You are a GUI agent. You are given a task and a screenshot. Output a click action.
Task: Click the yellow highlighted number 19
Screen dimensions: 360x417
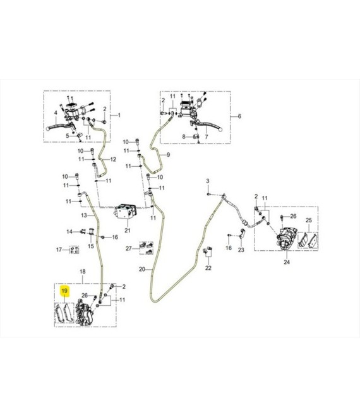point(64,291)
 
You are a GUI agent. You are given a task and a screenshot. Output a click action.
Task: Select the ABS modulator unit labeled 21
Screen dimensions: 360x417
point(126,212)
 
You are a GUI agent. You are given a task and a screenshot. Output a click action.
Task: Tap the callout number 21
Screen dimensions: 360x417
point(128,231)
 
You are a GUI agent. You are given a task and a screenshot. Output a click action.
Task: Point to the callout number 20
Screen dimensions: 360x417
point(142,269)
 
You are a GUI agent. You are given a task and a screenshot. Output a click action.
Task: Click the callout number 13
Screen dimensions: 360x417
point(84,215)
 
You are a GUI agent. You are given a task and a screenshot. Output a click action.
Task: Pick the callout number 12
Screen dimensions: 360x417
point(113,160)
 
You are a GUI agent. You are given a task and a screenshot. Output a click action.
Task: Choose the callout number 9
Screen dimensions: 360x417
point(168,155)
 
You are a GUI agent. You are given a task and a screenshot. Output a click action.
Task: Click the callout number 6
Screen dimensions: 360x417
point(239,116)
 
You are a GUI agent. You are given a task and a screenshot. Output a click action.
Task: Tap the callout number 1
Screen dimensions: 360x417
point(119,115)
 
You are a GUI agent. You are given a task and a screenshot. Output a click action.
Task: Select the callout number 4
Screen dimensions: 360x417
point(56,112)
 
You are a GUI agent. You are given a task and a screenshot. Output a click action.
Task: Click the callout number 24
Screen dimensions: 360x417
point(287,262)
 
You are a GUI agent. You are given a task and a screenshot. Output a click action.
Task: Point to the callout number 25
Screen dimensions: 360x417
point(309,221)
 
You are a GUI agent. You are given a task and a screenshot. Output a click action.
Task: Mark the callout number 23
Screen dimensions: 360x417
point(241,250)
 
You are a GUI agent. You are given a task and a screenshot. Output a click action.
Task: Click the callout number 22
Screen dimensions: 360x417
point(208,268)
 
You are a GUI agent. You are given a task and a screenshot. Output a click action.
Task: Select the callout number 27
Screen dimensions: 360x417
point(129,248)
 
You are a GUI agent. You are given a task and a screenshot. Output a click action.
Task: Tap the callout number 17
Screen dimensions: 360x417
point(59,250)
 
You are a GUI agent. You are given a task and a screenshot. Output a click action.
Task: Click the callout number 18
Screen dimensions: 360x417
point(83,272)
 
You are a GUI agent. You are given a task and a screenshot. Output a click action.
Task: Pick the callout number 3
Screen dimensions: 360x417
point(208,181)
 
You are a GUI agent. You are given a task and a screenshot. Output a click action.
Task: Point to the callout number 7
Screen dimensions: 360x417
point(207,136)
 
